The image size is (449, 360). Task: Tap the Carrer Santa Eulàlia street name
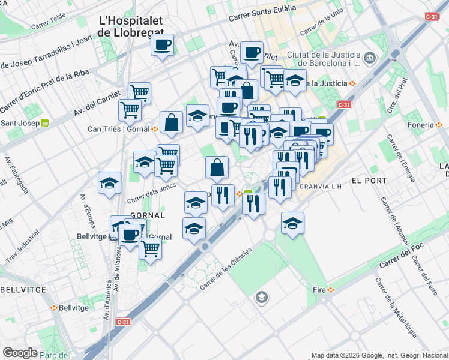[262, 13]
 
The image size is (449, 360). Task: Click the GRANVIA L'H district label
[319, 187]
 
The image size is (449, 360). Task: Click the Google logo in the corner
[20, 353]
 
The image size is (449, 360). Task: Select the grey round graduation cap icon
[261, 297]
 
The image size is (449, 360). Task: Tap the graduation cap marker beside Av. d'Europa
[109, 183]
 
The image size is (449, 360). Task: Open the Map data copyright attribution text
[379, 355]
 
